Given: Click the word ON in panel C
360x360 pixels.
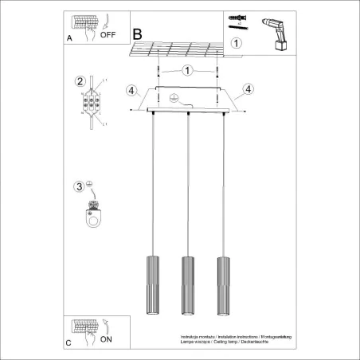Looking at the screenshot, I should coord(107,338).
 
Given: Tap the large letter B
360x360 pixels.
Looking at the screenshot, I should coord(137,34).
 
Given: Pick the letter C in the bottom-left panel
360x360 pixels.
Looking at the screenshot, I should coord(68,343).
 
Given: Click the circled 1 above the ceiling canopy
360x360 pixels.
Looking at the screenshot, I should coord(186,70).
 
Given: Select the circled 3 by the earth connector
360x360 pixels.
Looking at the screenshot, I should coord(79,187).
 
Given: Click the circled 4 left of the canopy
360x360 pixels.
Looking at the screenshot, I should coord(131,89).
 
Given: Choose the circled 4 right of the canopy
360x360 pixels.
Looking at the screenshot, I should coord(248,88).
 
